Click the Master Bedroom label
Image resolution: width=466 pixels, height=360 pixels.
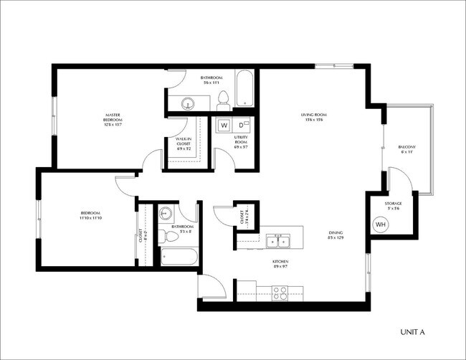[x=113, y=118]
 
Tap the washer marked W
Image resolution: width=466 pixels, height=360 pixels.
[x=224, y=125]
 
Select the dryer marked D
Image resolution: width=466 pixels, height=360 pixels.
[x=242, y=125]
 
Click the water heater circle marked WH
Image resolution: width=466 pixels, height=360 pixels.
[x=380, y=224]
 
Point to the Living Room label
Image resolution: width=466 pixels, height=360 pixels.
[x=313, y=117]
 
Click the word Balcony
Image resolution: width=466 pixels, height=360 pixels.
[x=406, y=148]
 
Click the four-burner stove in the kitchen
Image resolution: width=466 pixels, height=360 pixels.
[x=280, y=292]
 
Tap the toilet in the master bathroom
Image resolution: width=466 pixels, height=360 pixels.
[x=223, y=99]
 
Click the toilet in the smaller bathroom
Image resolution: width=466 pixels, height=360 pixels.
[x=172, y=234]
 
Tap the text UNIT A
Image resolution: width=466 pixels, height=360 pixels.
[x=412, y=332]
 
